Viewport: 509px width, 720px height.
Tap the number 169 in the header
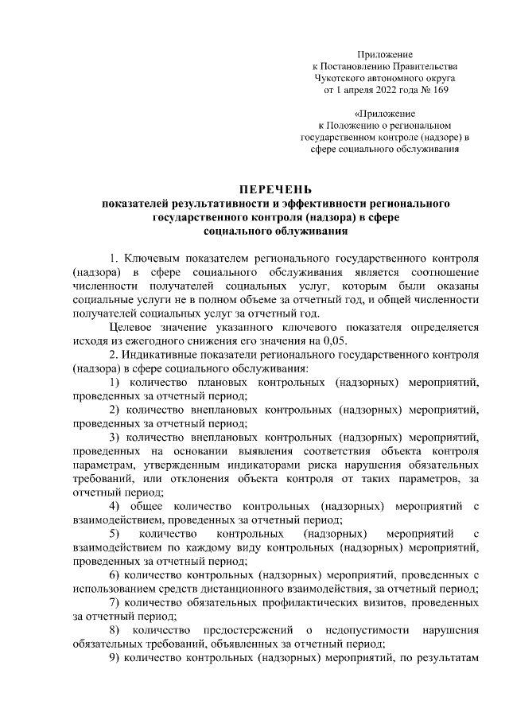tap(437, 91)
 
